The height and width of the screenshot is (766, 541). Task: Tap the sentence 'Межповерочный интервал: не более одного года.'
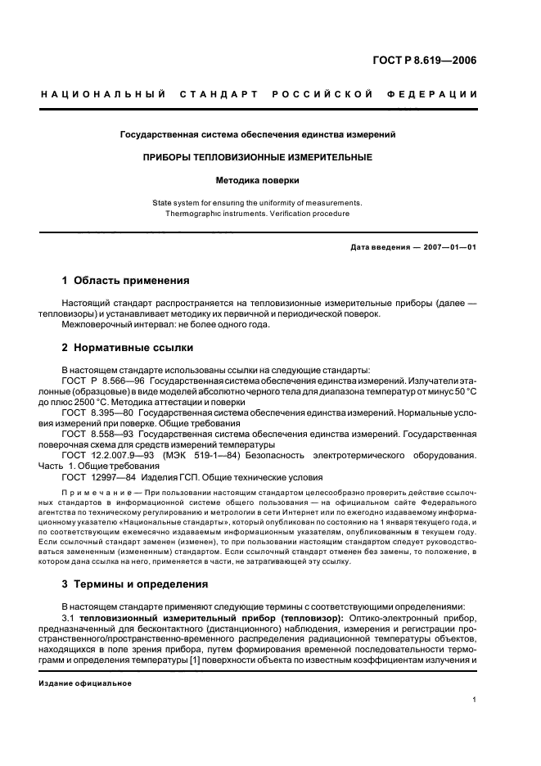[x=166, y=324]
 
